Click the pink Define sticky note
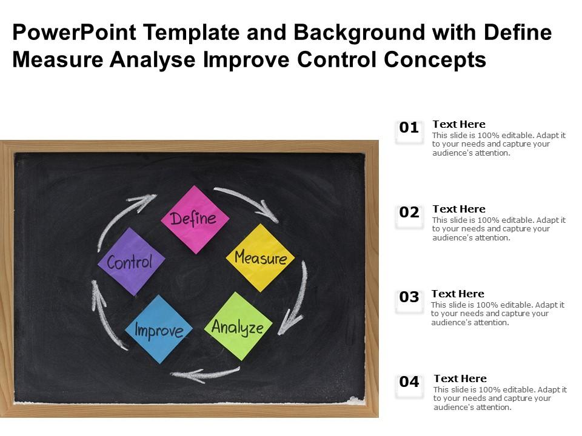195,219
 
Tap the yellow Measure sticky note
260,258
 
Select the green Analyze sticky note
238,327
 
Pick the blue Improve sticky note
159,330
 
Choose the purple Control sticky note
131,262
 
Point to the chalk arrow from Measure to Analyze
295,300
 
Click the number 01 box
409,128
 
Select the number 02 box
409,213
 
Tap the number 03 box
409,298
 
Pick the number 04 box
409,383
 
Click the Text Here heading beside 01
459,124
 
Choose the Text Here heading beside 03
458,294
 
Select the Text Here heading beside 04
460,378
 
